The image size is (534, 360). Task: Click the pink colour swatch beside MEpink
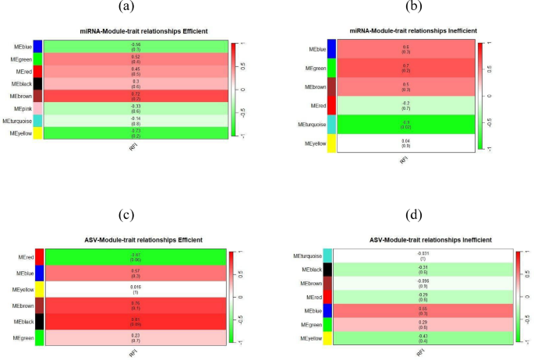click(x=37, y=108)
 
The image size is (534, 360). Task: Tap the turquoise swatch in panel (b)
click(x=331, y=125)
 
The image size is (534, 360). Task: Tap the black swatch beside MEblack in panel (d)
click(x=327, y=270)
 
